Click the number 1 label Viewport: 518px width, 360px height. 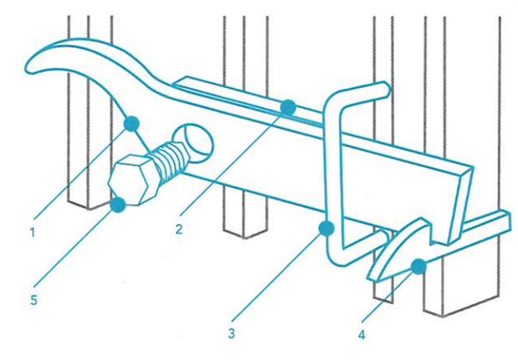(32, 233)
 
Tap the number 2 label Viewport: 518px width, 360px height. (179, 229)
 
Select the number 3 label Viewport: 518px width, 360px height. (232, 333)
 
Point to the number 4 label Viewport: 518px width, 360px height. (362, 335)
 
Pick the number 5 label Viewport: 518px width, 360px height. (33, 301)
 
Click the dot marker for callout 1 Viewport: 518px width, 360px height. (131, 124)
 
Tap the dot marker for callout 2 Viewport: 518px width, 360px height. (288, 107)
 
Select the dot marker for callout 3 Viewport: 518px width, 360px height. (326, 229)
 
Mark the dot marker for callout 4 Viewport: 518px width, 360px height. (418, 266)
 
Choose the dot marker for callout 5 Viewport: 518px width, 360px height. (118, 204)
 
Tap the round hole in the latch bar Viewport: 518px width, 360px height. (195, 143)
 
